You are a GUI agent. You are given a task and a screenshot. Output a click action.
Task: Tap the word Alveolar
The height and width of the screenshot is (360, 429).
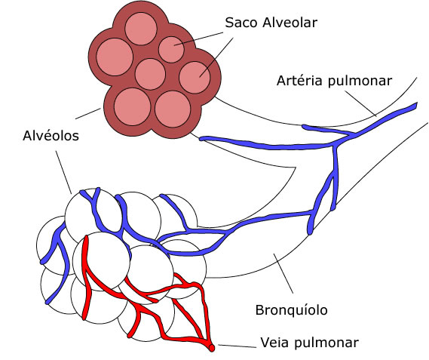(x=290, y=23)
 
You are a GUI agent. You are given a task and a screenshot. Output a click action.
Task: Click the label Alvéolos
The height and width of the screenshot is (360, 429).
(x=51, y=136)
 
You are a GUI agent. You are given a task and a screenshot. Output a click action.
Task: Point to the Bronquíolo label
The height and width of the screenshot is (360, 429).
(x=291, y=310)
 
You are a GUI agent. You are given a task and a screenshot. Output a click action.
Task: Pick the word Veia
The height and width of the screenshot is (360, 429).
(x=275, y=343)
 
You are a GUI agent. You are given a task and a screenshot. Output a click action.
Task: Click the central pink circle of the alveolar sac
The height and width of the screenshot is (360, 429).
(x=150, y=74)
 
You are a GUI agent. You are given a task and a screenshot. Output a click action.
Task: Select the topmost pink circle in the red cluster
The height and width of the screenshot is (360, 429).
(x=141, y=29)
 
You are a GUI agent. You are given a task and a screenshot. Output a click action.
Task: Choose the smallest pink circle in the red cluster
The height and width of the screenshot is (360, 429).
(x=171, y=50)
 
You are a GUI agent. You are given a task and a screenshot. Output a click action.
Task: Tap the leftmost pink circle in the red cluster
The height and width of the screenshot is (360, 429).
(x=115, y=57)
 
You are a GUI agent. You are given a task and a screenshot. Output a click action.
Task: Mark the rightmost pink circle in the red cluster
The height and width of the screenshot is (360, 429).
(x=195, y=78)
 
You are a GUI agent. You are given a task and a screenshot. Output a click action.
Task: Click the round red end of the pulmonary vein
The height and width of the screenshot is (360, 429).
(x=212, y=348)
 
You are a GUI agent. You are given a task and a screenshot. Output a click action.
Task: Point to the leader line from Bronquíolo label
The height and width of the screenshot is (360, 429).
(x=283, y=273)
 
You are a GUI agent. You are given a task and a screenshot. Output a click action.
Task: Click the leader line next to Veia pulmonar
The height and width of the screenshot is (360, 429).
(x=237, y=346)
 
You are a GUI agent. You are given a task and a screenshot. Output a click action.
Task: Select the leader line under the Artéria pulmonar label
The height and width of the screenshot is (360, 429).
(x=360, y=103)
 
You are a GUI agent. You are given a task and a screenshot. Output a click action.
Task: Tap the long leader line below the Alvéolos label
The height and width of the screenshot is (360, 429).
(x=63, y=172)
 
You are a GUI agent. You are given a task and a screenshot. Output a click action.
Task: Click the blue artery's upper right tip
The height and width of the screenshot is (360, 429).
(x=416, y=105)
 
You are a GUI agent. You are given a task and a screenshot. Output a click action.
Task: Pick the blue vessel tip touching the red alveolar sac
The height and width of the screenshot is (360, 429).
(x=201, y=139)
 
